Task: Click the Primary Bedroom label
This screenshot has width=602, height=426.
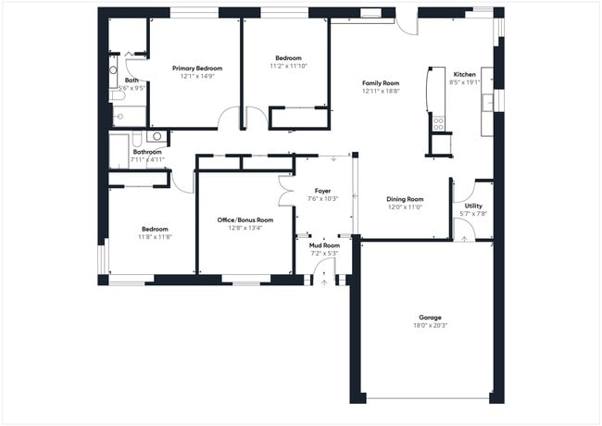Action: point(196,69)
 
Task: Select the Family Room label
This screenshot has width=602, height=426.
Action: point(379,83)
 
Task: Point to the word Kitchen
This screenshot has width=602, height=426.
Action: point(464,74)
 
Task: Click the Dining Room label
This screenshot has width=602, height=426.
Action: point(404,199)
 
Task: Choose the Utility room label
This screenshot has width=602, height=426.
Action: point(473,206)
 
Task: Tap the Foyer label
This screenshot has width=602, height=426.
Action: point(322,191)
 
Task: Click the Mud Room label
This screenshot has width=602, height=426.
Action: point(322,245)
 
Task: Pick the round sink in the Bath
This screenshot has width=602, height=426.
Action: point(114,69)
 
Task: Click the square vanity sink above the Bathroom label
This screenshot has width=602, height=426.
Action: point(157,136)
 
